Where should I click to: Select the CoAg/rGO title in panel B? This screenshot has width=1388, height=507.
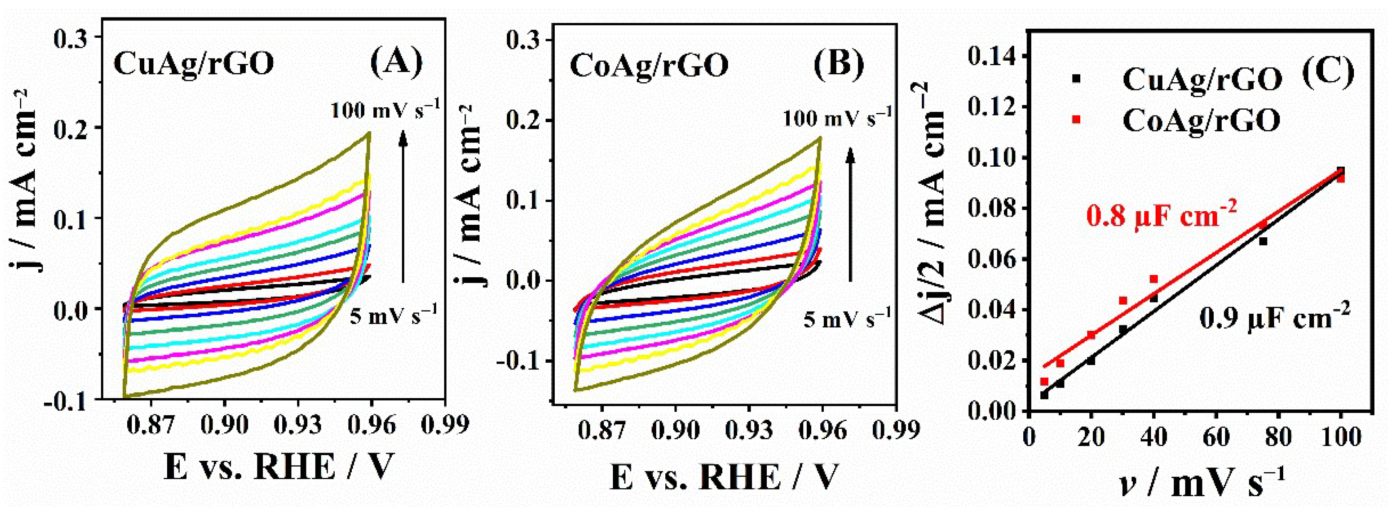pyautogui.click(x=649, y=66)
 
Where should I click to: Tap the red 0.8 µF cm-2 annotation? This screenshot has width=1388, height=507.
pyautogui.click(x=1160, y=217)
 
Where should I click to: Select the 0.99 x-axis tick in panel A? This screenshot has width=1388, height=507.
pyautogui.click(x=445, y=425)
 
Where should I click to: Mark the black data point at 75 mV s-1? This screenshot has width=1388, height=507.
pyautogui.click(x=1263, y=241)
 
